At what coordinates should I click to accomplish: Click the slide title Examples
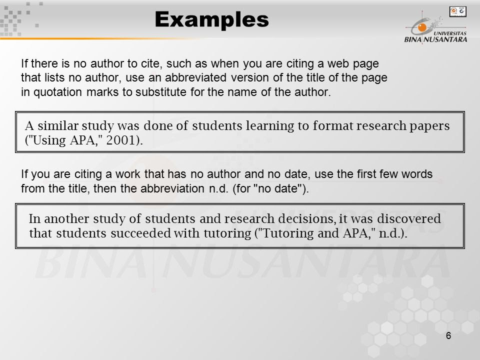click(211, 20)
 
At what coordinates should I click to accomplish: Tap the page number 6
click(448, 336)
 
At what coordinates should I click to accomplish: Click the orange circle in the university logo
click(422, 27)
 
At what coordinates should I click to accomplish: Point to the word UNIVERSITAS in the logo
click(450, 33)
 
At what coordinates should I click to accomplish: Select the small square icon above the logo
click(457, 11)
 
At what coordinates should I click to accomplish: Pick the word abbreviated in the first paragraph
click(195, 77)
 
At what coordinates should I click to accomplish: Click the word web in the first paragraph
click(338, 63)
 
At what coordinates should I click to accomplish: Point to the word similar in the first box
click(58, 125)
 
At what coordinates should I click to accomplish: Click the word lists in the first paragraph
click(54, 77)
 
